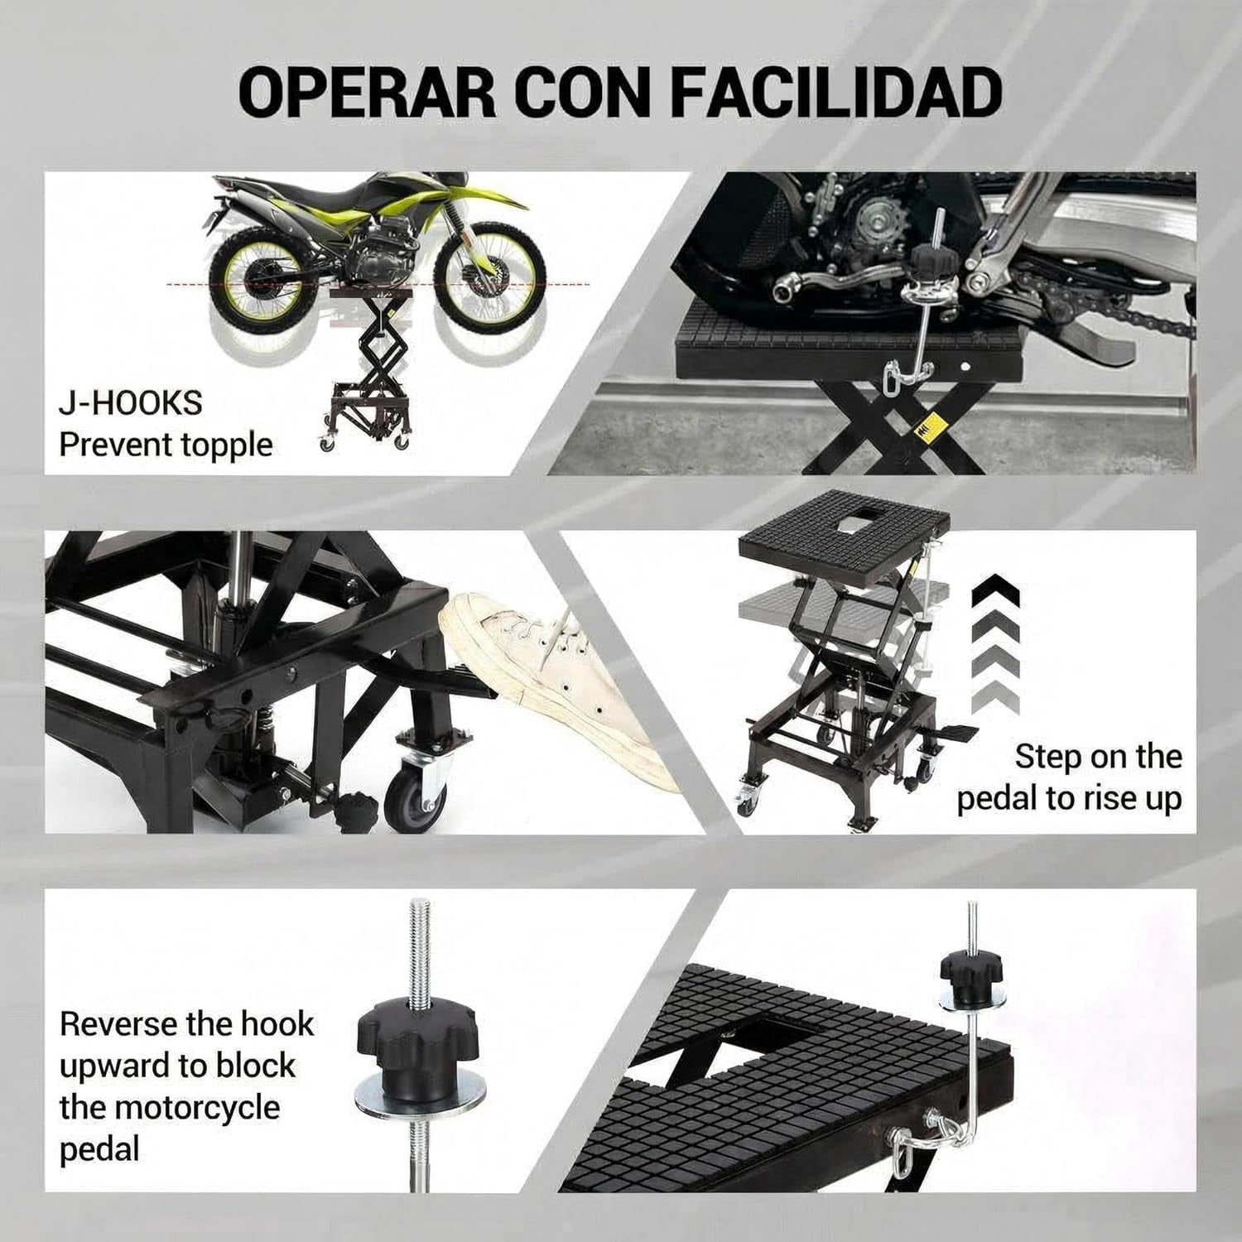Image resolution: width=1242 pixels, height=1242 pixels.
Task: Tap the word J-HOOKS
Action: [x=131, y=403]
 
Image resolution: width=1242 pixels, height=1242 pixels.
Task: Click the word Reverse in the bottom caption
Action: [x=118, y=1024]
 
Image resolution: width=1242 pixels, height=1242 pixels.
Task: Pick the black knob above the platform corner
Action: [x=971, y=965]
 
